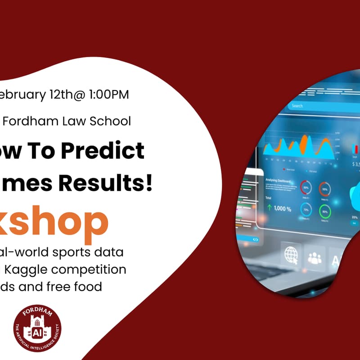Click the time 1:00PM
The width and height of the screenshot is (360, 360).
(x=108, y=95)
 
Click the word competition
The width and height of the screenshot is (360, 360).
(x=93, y=270)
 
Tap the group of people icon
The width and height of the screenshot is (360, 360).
(x=315, y=257)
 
